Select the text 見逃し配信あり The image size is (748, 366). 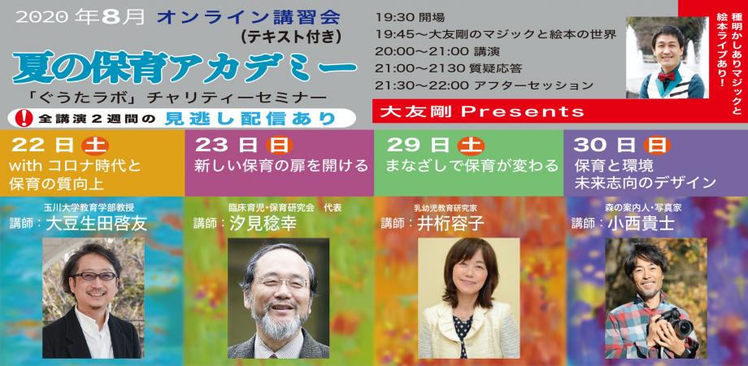(x=250, y=119)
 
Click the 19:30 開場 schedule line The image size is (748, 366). (x=409, y=17)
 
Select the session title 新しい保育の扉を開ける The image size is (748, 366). (x=281, y=166)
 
